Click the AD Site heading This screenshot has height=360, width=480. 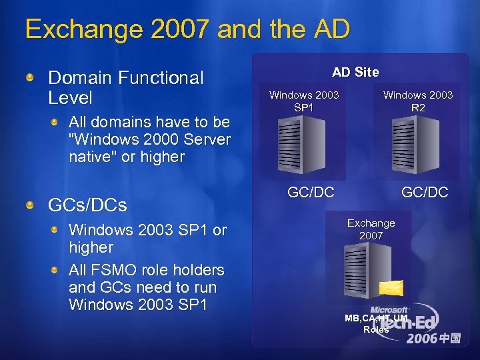pyautogui.click(x=355, y=72)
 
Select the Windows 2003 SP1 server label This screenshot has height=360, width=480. pyautogui.click(x=304, y=101)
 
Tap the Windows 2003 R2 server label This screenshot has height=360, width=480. pyautogui.click(x=418, y=101)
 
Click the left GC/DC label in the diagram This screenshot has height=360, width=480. pyautogui.click(x=311, y=193)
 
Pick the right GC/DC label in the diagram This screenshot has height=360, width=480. pyautogui.click(x=425, y=193)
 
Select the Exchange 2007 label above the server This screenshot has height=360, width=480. pyautogui.click(x=371, y=229)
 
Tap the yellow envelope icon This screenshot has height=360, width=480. pyautogui.click(x=391, y=287)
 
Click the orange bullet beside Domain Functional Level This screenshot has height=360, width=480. pyautogui.click(x=30, y=79)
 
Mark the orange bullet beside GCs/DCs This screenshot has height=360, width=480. pyautogui.click(x=30, y=205)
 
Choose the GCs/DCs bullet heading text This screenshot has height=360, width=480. pyautogui.click(x=87, y=205)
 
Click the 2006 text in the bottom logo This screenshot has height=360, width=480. pyautogui.click(x=423, y=338)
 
